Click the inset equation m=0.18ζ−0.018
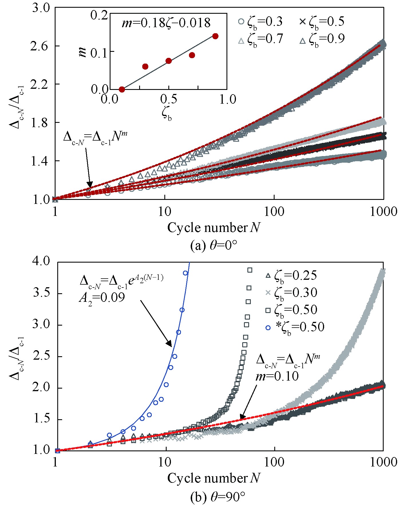click(166, 23)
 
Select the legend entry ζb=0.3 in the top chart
click(260, 22)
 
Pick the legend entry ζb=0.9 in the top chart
click(322, 39)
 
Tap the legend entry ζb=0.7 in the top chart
click(260, 39)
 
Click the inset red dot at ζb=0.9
click(216, 36)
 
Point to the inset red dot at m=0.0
click(122, 89)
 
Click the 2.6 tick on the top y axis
click(40, 46)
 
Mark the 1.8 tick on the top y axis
click(40, 123)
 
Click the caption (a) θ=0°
click(214, 246)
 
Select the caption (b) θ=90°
click(218, 497)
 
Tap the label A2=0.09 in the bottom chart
click(102, 298)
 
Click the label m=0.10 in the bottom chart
click(277, 376)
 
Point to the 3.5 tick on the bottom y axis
click(42, 294)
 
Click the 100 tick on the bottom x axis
click(274, 462)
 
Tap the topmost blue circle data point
click(185, 273)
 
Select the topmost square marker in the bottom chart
click(250, 270)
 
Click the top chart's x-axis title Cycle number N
click(214, 228)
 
